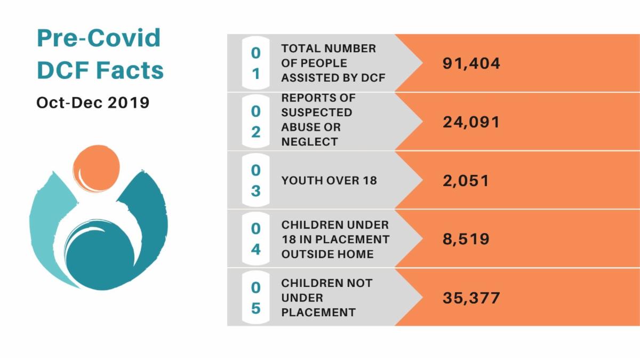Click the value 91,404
471,63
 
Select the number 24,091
471,122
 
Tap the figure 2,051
466,180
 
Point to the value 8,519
466,238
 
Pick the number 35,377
471,297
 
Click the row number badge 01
256,63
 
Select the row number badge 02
256,122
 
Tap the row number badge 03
256,180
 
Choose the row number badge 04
256,239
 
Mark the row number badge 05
256,298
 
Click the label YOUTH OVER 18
329,180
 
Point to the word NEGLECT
309,142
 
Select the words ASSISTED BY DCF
333,78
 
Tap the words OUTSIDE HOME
327,254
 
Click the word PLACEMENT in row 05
318,313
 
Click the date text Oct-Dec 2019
93,102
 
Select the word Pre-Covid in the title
99,38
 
